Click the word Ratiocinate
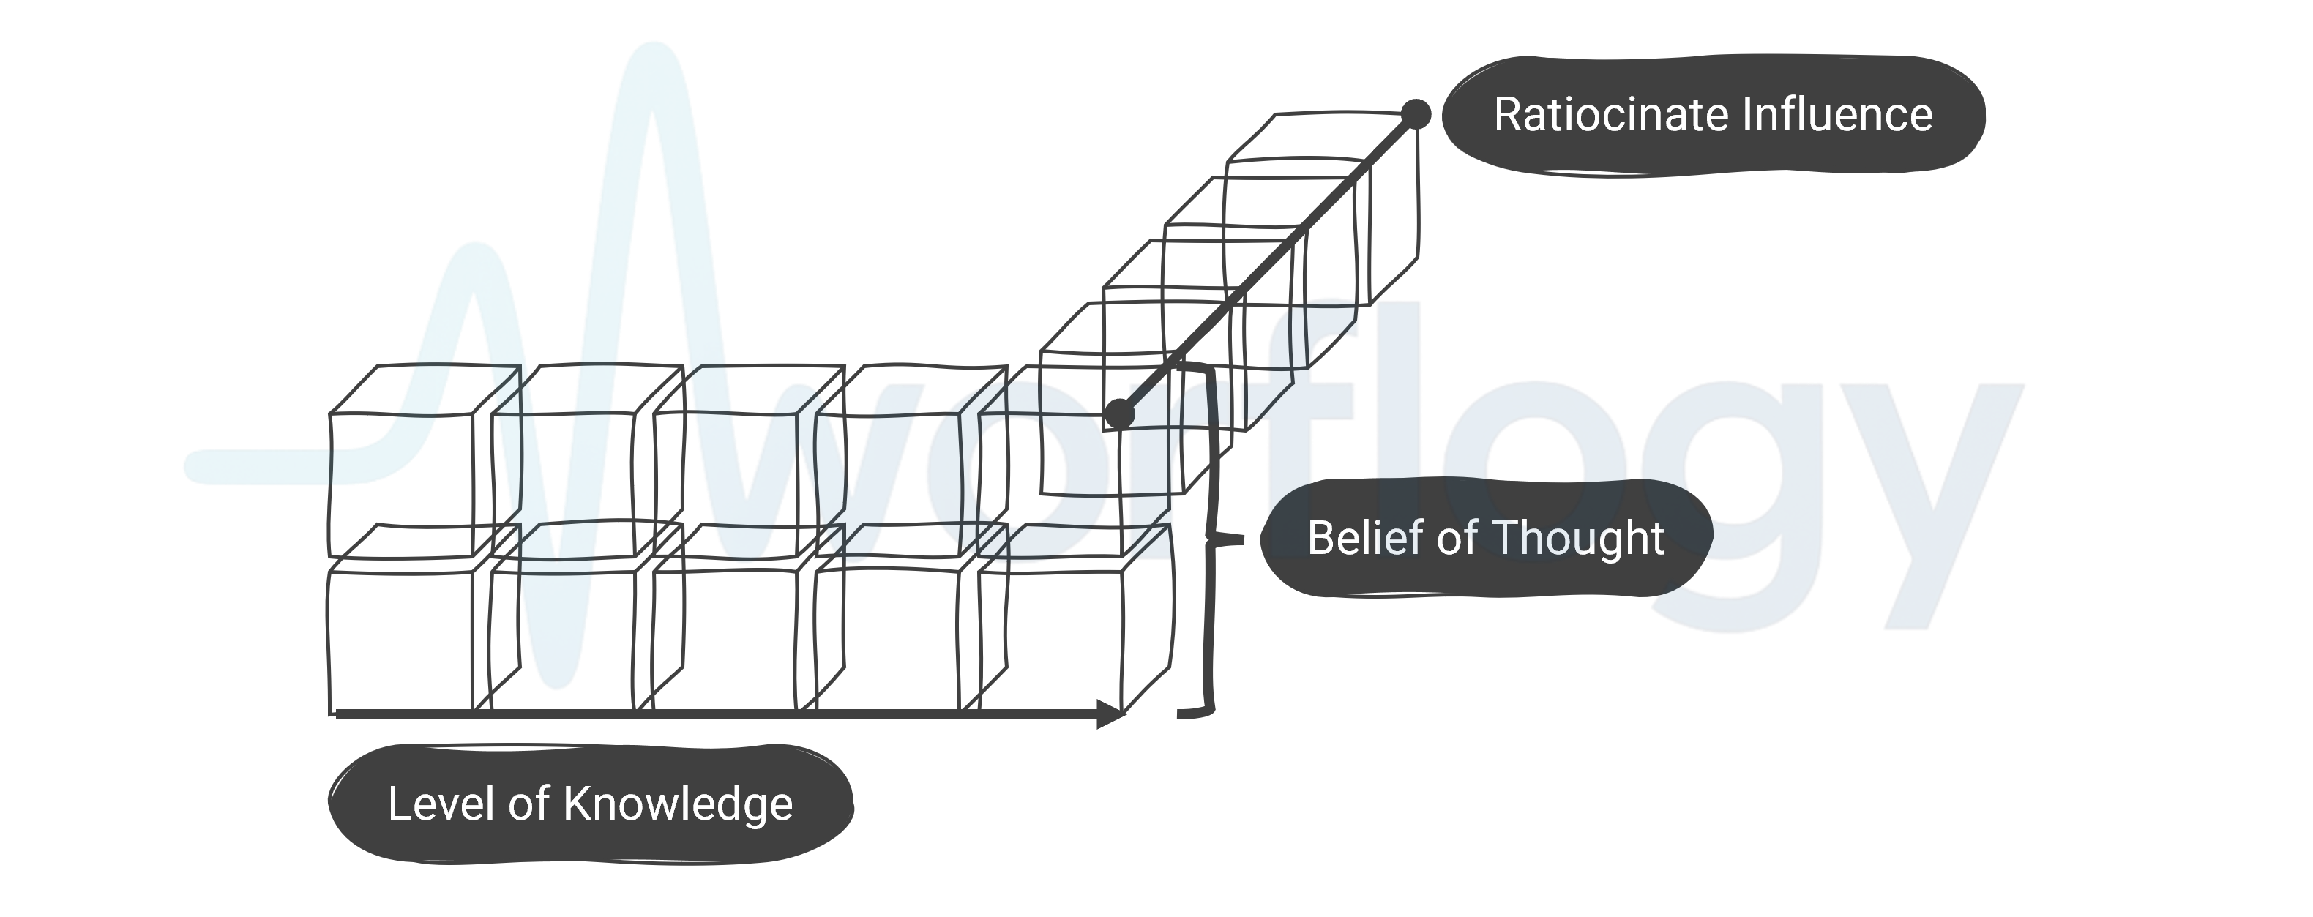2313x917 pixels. [x=1611, y=115]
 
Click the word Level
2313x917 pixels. [x=441, y=803]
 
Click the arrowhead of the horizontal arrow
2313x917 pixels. [x=1112, y=714]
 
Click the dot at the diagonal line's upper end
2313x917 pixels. [x=1416, y=114]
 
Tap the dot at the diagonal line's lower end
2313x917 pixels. [x=1118, y=413]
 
